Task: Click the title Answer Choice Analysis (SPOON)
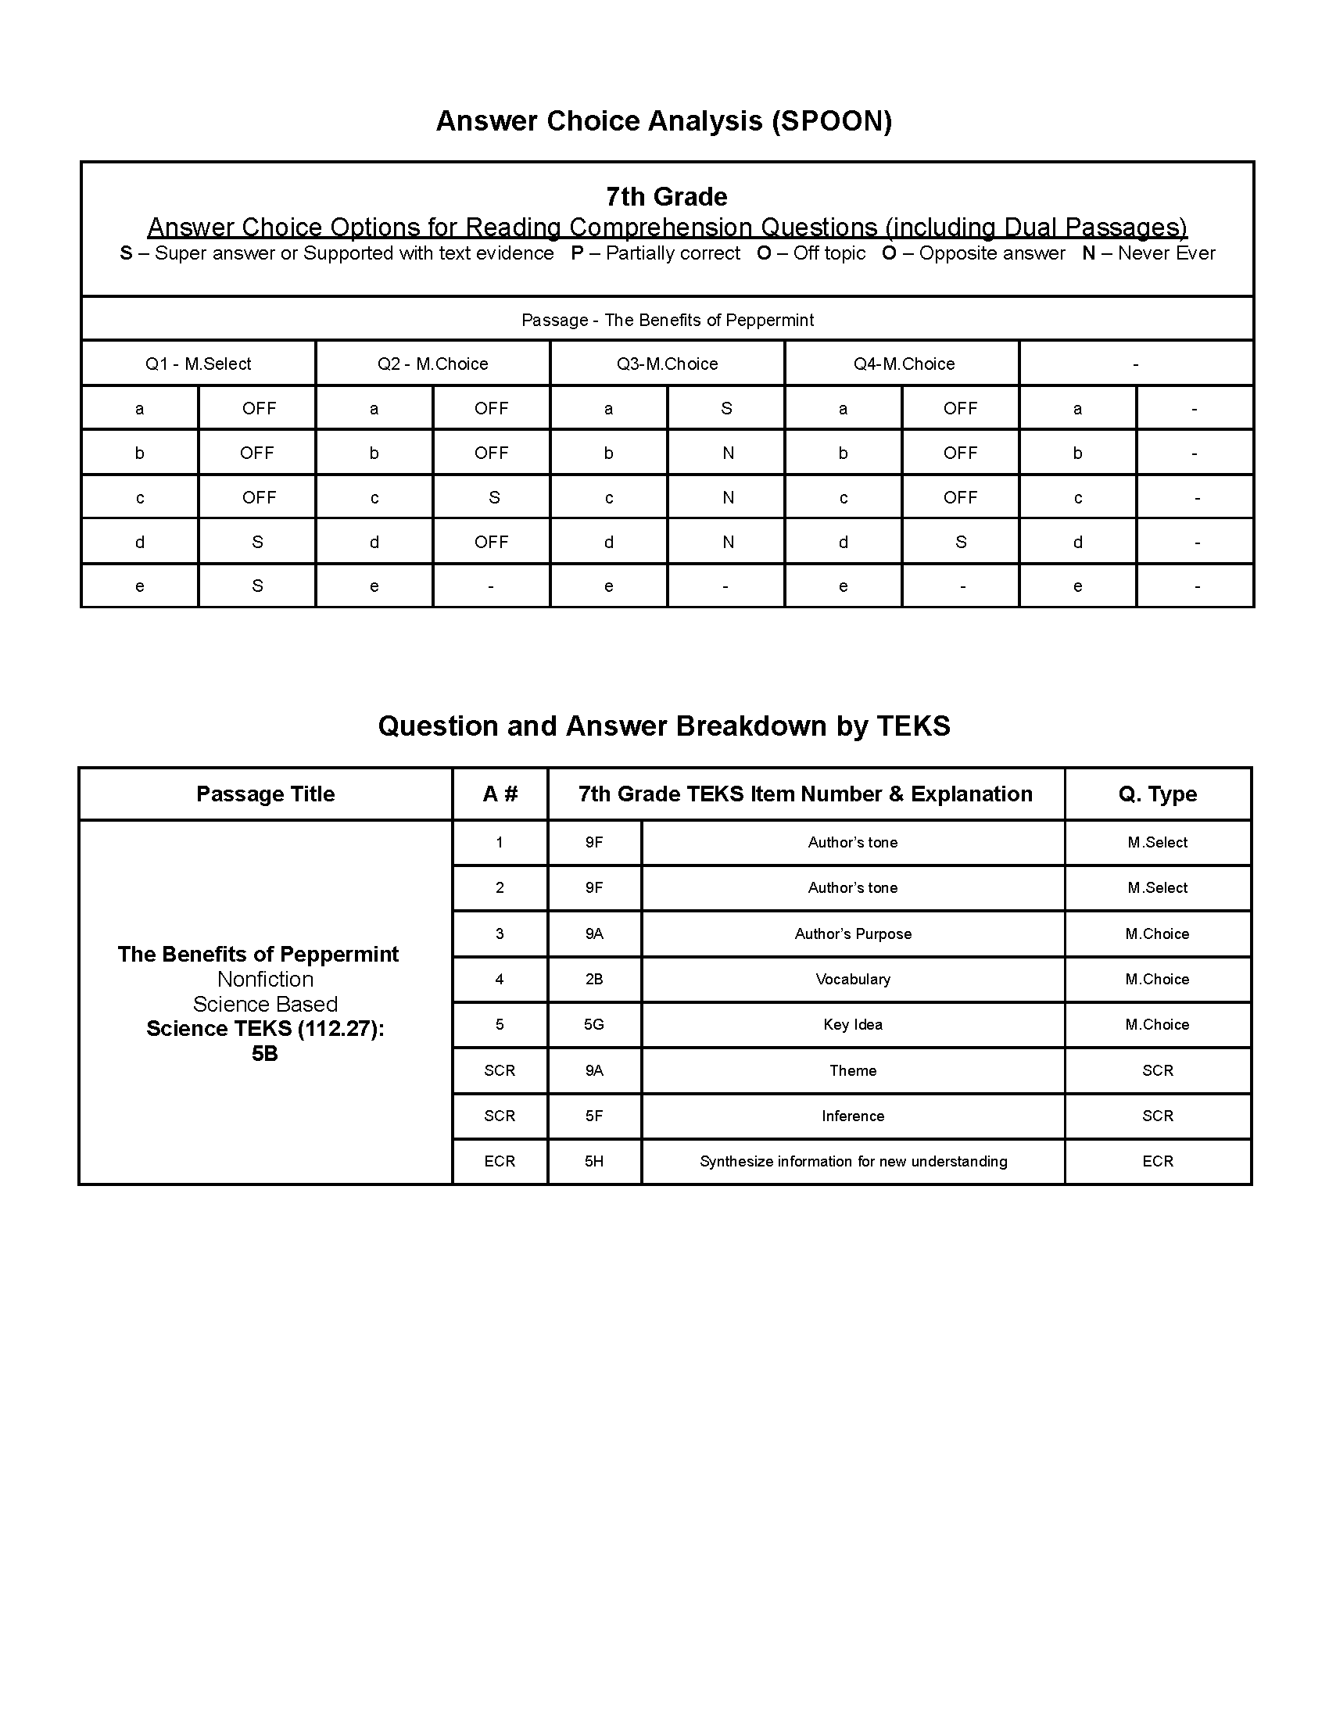coord(664,120)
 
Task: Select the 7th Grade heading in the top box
coord(666,196)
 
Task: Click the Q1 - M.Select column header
coord(199,364)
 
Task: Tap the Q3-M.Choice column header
coord(667,364)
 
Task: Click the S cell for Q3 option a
coord(726,408)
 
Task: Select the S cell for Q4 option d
coord(960,542)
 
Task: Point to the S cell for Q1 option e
coord(256,586)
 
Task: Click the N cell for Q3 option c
coord(728,497)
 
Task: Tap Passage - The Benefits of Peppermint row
coord(667,320)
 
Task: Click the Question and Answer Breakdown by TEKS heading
coord(664,726)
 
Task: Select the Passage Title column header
coord(265,794)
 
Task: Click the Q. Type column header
coord(1157,794)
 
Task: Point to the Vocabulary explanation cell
coord(853,979)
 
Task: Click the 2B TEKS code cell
coord(593,979)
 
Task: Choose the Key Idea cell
coord(853,1025)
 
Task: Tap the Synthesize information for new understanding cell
coord(853,1161)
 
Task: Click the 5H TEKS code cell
coord(593,1161)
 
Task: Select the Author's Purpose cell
coord(853,933)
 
